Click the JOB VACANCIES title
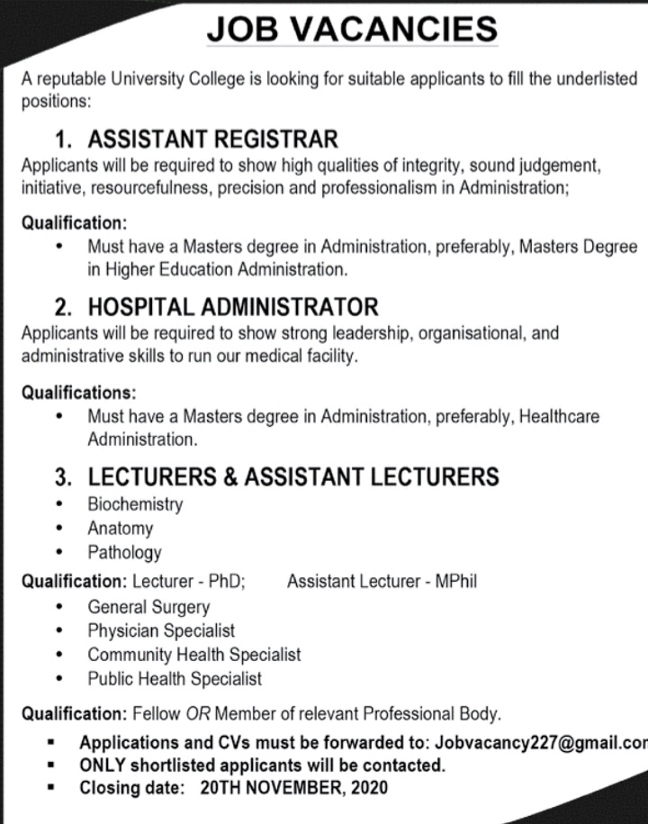tap(351, 31)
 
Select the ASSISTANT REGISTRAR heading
tap(212, 140)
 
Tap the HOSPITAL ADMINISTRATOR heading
tap(233, 306)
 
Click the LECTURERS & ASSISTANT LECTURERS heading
tap(292, 475)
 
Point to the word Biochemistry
tap(135, 503)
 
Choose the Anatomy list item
tap(120, 528)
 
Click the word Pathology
tap(124, 552)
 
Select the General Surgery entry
tap(148, 607)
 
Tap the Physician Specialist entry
tap(161, 630)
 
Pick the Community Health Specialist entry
tap(193, 655)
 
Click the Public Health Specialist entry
tap(175, 678)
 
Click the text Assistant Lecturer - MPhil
tap(382, 582)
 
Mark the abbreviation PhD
tap(228, 582)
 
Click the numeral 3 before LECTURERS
tap(63, 475)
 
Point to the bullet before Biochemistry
tap(58, 503)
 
